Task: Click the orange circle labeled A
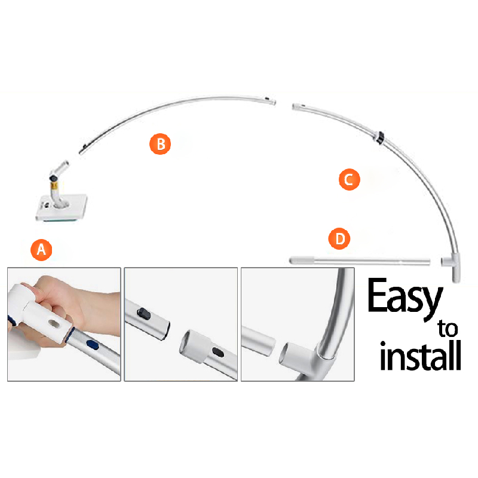[41, 250]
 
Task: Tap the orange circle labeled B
[160, 144]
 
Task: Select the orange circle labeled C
[350, 180]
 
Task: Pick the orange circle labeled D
[339, 238]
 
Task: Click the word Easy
[405, 299]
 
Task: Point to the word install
[421, 356]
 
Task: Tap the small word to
[448, 328]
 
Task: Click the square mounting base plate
[62, 207]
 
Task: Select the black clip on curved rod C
[380, 137]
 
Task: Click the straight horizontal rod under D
[360, 261]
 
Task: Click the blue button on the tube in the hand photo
[93, 345]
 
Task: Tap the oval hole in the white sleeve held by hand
[55, 324]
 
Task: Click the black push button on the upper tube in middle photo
[143, 313]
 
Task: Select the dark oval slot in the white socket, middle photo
[217, 353]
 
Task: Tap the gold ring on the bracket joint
[54, 185]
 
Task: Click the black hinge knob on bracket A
[53, 178]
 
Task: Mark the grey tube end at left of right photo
[259, 340]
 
